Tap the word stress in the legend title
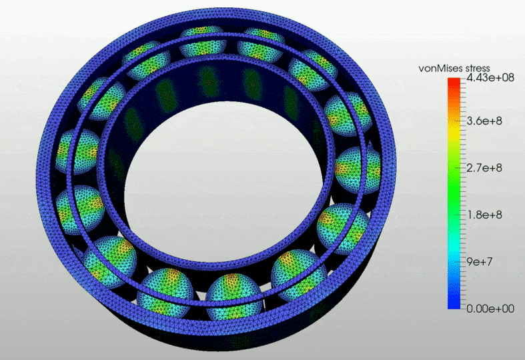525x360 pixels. pyautogui.click(x=478, y=69)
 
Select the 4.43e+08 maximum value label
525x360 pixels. pyautogui.click(x=490, y=77)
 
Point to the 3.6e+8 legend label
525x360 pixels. pyautogui.click(x=484, y=121)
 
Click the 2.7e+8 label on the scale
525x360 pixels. pyautogui.click(x=484, y=167)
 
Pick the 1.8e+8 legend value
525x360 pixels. pyautogui.click(x=484, y=215)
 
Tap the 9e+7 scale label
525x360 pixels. pyautogui.click(x=480, y=261)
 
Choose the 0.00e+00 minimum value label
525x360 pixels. pyautogui.click(x=490, y=309)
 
